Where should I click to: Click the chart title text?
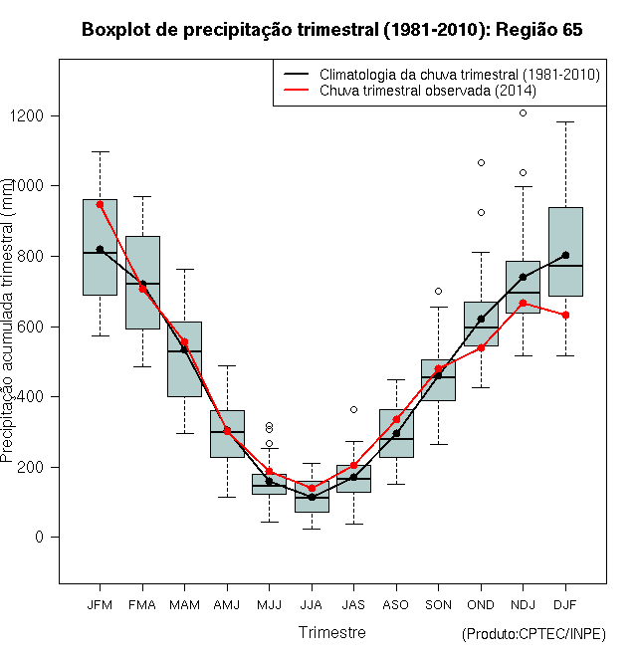[331, 30]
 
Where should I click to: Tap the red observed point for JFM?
[100, 204]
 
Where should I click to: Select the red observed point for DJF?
[565, 316]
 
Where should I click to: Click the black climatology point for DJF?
[565, 255]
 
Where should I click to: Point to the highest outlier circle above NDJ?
[523, 113]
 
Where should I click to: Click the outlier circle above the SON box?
[438, 292]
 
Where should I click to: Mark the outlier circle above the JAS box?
[353, 410]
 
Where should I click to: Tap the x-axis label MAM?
[184, 605]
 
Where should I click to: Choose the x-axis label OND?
[481, 605]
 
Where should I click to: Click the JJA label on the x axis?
[312, 605]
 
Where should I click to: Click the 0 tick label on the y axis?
[40, 537]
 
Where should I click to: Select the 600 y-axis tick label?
[30, 327]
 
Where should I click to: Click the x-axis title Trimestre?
[331, 632]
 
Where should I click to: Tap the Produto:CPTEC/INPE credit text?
[533, 634]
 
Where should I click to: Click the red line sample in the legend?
[297, 90]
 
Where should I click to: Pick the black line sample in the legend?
[297, 75]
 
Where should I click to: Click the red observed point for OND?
[481, 347]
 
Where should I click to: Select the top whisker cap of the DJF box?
[565, 121]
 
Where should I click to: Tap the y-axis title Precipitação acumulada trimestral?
[8, 320]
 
